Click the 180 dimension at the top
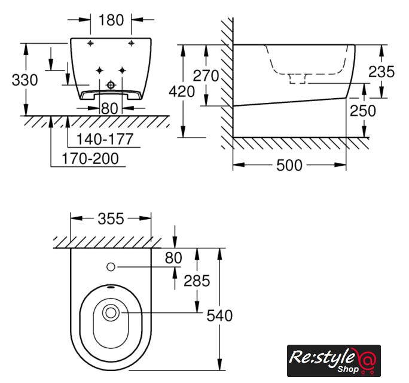pos(111,20)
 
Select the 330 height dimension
pos(25,80)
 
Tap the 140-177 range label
pos(105,139)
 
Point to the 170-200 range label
pos(90,159)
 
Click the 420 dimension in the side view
pos(182,92)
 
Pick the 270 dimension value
pos(206,76)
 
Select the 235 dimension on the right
pos(381,72)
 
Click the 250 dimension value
pos(363,111)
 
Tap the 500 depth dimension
pos(289,165)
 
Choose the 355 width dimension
pos(111,219)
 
